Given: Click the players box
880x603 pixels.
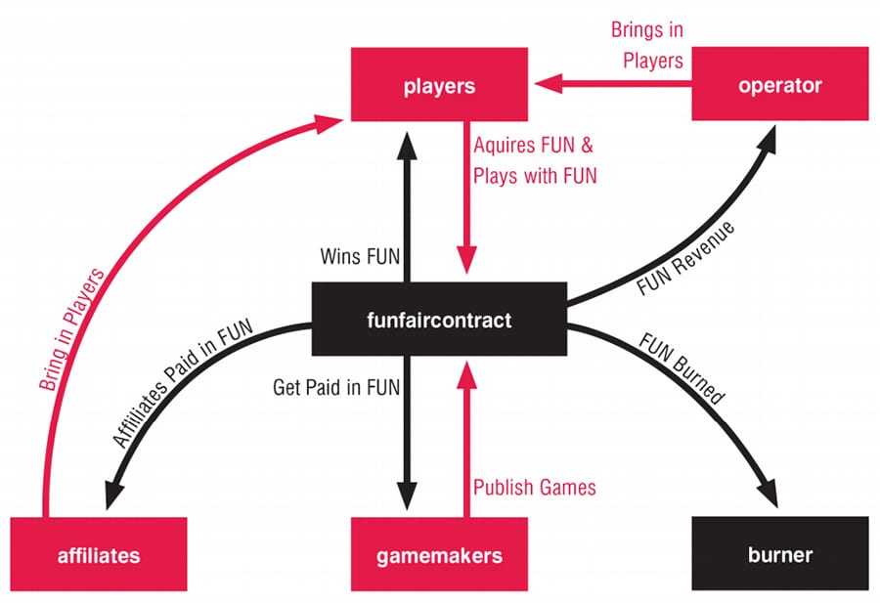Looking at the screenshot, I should click(439, 86).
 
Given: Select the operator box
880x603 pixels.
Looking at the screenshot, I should click(779, 86).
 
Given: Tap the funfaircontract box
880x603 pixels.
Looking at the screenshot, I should click(439, 320).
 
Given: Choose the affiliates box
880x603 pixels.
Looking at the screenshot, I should click(98, 555).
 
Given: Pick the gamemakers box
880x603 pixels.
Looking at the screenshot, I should click(439, 555).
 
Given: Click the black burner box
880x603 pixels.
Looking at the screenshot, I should click(779, 555).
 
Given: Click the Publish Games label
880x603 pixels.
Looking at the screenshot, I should click(534, 487).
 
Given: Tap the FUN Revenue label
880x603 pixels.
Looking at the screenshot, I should click(683, 260).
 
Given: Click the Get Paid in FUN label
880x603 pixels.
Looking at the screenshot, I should click(338, 387).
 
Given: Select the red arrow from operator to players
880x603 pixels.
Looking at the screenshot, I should click(611, 86).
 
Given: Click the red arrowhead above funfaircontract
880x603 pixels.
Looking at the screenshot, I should click(466, 265).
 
